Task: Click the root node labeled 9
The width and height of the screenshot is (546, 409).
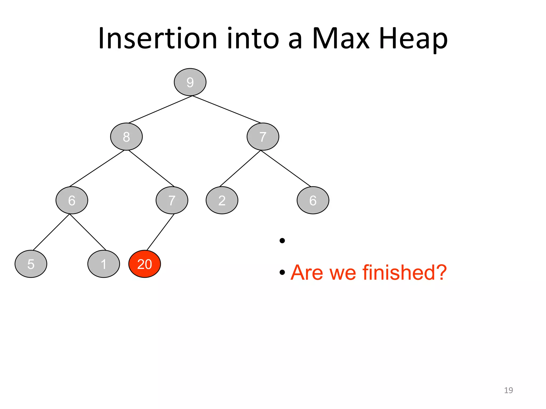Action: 190,82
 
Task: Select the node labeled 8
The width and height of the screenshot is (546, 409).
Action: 126,137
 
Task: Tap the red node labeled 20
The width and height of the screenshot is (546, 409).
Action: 144,264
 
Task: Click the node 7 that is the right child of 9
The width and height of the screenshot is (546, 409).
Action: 263,137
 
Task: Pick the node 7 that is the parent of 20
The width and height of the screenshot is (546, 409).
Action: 172,200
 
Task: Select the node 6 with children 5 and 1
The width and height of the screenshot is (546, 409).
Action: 72,200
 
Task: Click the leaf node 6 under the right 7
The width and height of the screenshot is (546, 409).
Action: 313,200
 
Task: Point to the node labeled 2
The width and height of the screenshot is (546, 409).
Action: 222,200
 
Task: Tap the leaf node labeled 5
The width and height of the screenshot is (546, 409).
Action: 31,264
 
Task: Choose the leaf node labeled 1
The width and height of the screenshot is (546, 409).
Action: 103,264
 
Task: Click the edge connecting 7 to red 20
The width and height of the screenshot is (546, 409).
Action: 160,232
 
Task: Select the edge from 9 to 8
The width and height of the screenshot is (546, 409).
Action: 160,109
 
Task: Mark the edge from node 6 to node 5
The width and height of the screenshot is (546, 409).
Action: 51,232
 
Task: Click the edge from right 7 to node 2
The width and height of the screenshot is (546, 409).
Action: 240,168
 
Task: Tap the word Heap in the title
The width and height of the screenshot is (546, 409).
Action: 413,39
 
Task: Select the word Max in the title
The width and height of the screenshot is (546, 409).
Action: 341,39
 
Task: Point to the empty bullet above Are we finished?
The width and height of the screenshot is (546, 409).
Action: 282,241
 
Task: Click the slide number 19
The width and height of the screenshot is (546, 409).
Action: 508,390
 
